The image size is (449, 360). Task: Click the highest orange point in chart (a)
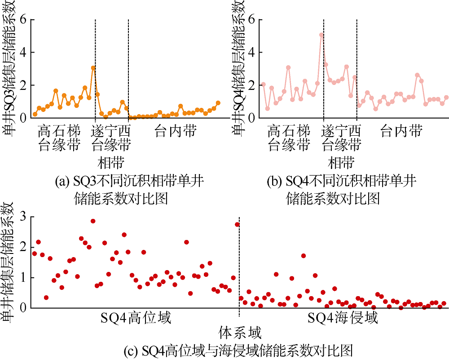pos(93,68)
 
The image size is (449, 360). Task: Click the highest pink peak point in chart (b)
pos(321,35)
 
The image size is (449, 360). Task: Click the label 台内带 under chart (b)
pos(401,131)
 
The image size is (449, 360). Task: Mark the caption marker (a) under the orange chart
pos(61,182)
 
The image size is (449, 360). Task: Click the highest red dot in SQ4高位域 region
pos(93,221)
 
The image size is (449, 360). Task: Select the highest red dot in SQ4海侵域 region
pos(304,256)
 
